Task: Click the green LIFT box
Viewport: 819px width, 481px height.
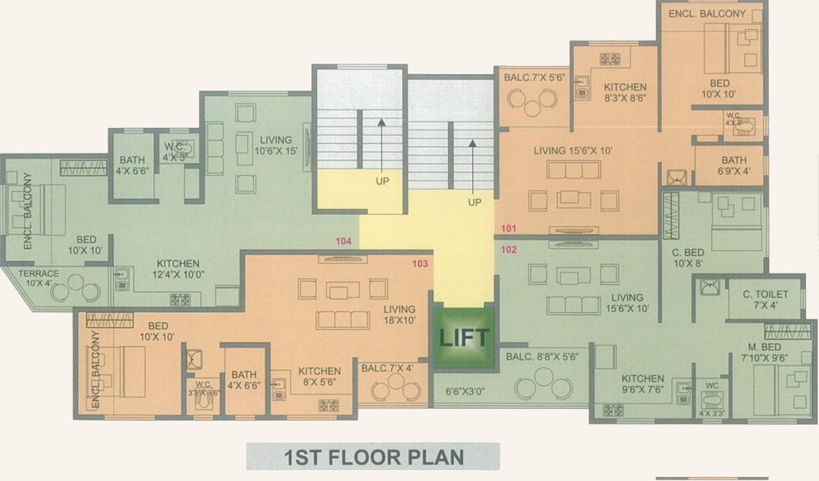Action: click(x=464, y=338)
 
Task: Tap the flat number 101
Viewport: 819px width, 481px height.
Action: click(x=508, y=228)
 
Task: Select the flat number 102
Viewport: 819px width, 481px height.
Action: click(x=508, y=249)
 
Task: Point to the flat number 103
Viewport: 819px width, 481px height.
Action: click(x=420, y=263)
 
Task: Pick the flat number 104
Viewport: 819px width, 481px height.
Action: click(x=343, y=241)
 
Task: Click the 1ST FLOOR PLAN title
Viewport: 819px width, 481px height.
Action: click(x=373, y=456)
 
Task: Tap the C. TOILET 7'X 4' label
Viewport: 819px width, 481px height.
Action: click(x=765, y=299)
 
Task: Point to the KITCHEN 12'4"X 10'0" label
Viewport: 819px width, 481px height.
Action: click(x=178, y=269)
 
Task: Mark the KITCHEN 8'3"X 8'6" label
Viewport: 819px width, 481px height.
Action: click(x=625, y=92)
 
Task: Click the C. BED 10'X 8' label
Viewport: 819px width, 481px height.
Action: click(x=688, y=256)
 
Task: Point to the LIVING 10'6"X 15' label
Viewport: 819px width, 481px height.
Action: click(x=276, y=145)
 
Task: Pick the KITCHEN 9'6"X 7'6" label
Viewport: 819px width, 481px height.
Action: click(x=643, y=384)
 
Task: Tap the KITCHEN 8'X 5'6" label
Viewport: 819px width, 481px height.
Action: click(x=320, y=376)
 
